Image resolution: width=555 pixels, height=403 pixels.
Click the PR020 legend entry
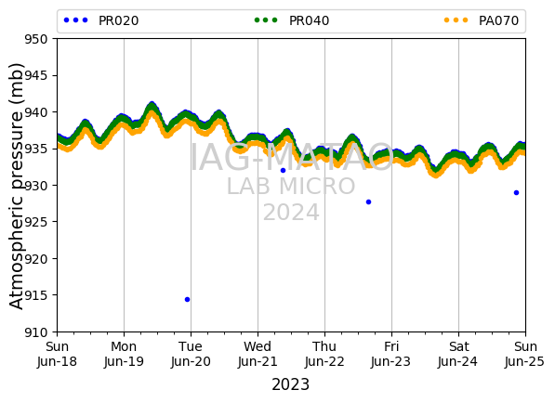tap(101, 20)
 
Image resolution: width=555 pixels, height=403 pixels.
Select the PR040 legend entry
tap(292, 20)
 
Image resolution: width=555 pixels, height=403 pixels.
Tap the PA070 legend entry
tap(482, 20)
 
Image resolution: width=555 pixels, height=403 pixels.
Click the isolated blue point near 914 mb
tap(187, 299)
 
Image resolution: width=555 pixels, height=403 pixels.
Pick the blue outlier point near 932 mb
tap(283, 170)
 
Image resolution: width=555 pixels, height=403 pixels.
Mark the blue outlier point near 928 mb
tap(368, 201)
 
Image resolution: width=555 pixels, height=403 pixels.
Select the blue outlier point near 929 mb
tap(516, 192)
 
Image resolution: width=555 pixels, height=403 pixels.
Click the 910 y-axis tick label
tap(35, 332)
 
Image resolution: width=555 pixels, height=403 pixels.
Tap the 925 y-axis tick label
tap(35, 222)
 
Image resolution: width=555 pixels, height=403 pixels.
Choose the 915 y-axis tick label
tap(35, 295)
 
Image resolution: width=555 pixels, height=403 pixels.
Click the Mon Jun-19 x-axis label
tap(124, 354)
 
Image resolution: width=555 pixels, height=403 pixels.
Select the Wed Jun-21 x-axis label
tap(258, 354)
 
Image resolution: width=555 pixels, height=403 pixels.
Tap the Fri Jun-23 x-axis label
tap(391, 354)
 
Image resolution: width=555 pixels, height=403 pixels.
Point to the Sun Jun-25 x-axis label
tap(525, 354)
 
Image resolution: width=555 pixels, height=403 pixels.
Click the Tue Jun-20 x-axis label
tap(191, 354)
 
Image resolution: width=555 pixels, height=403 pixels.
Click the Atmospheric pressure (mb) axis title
tap(16, 187)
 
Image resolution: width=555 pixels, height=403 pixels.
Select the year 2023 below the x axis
tap(291, 384)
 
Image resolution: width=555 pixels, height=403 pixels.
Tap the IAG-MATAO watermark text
tap(292, 157)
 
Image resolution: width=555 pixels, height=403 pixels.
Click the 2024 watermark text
tap(291, 213)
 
